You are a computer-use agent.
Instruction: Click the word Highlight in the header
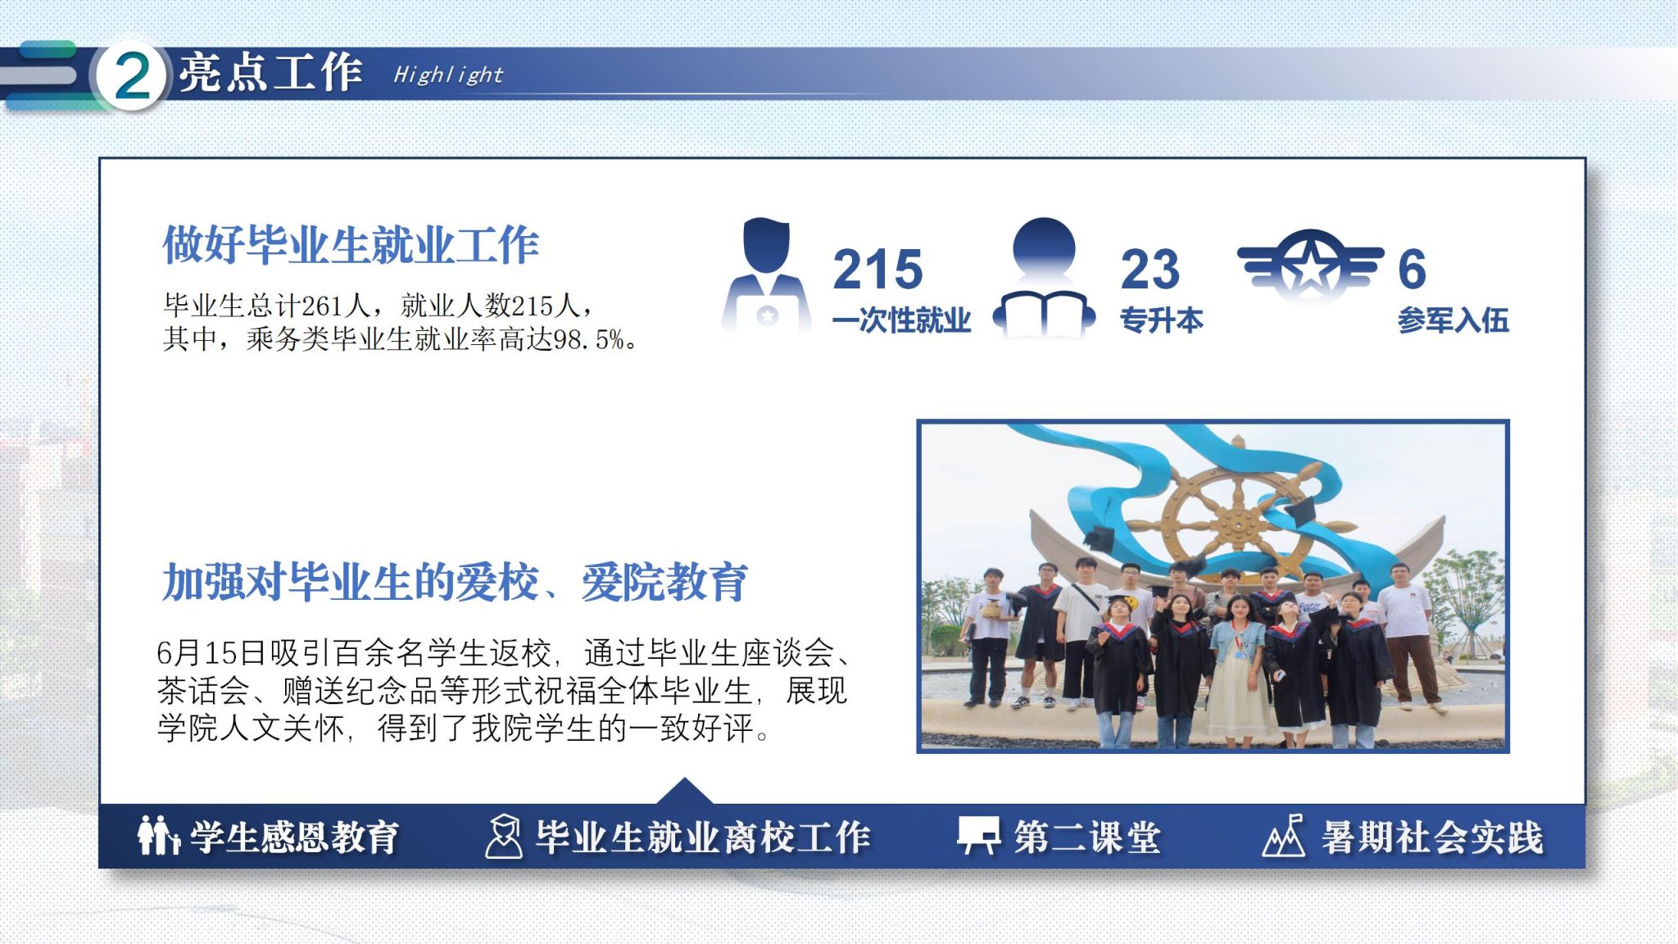(447, 75)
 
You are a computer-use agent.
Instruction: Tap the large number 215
(878, 269)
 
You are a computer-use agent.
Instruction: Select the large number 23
(1150, 269)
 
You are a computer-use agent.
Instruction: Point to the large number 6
(1412, 269)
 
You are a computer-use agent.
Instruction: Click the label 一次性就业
(901, 320)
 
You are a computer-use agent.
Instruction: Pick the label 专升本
(1161, 320)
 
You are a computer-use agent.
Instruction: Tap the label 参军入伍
(1453, 320)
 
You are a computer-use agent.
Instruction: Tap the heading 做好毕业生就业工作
(351, 244)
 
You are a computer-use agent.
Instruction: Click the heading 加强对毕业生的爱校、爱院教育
(455, 582)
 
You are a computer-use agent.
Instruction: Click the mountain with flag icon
(1284, 836)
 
